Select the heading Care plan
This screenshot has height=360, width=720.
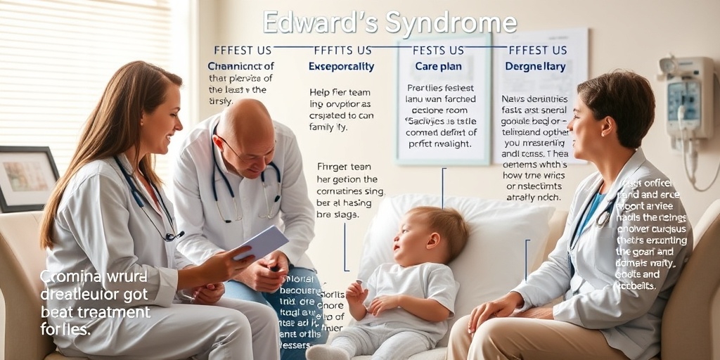(x=437, y=66)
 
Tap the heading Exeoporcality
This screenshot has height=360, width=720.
(x=341, y=66)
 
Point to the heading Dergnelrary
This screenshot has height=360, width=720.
(x=536, y=66)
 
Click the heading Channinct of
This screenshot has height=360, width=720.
(x=240, y=66)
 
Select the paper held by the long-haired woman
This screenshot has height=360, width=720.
(x=261, y=243)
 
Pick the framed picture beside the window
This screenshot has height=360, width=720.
(x=28, y=177)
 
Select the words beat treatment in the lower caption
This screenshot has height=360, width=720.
(x=95, y=311)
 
